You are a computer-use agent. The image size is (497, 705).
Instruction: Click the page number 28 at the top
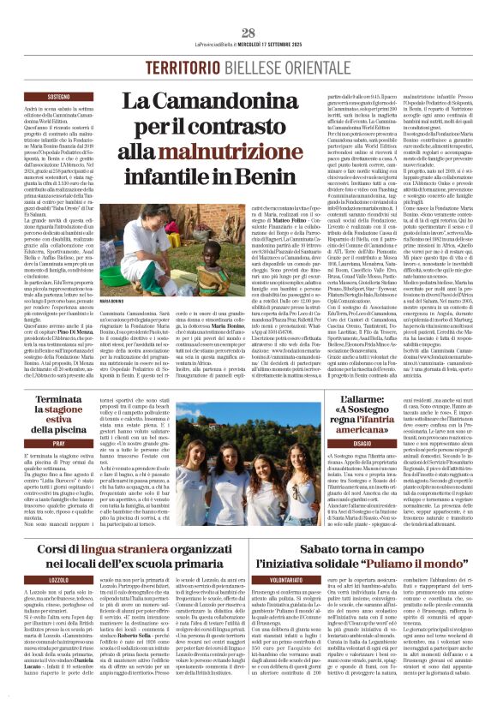(x=248, y=33)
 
